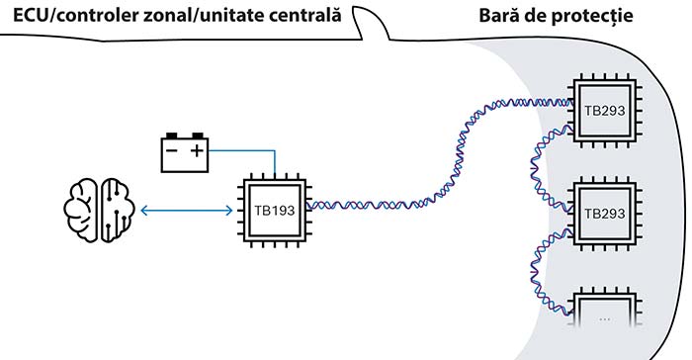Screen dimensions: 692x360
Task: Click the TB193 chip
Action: [x=275, y=211]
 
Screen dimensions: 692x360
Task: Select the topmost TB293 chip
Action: [x=604, y=111]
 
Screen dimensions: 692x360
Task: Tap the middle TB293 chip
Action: [x=604, y=214]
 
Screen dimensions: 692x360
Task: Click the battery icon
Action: [x=185, y=152]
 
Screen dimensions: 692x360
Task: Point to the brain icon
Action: [x=99, y=211]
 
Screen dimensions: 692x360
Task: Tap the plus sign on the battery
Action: [x=198, y=151]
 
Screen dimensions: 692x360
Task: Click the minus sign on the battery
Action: [x=171, y=151]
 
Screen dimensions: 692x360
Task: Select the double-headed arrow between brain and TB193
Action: [x=186, y=211]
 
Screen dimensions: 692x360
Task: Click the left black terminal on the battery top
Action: [x=172, y=135]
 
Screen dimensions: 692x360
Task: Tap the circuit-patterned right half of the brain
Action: [x=118, y=211]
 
